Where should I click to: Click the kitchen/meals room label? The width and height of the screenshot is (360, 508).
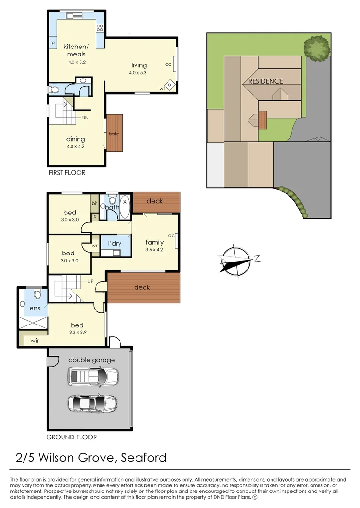75,50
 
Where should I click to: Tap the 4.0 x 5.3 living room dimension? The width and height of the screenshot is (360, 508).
139,73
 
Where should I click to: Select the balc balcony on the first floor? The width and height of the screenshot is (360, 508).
114,133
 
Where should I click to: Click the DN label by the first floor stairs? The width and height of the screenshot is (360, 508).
85,118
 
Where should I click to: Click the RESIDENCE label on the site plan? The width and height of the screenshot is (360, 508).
266,81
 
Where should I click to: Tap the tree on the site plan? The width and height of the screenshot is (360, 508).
316,47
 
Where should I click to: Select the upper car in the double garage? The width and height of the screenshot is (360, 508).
93,376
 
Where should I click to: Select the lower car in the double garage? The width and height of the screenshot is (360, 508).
93,403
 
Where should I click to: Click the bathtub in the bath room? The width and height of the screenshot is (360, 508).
125,207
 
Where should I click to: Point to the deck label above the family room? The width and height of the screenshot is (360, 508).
155,201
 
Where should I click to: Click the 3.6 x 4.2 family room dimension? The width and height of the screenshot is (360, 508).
154,250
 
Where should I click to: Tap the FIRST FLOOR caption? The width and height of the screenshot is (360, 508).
67,173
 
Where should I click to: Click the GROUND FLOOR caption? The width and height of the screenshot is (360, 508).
72,437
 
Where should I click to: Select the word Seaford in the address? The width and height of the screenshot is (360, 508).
144,458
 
